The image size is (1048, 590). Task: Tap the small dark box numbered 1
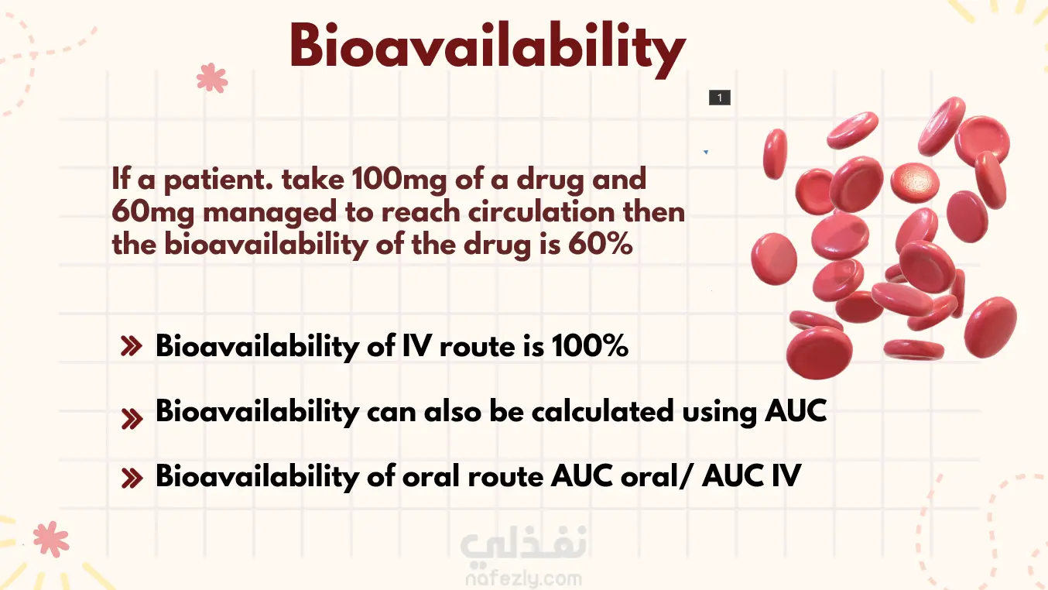[x=720, y=98]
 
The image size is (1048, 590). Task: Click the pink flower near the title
[x=212, y=78]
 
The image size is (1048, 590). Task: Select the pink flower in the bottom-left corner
[x=51, y=539]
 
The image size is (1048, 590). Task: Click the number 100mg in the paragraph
[x=399, y=180]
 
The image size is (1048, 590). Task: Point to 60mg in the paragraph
[x=153, y=212]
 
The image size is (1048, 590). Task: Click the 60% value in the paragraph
[x=601, y=244]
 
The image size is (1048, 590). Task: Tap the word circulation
[x=541, y=212]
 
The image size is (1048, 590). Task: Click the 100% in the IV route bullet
[x=590, y=346]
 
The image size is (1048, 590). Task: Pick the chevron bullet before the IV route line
[x=132, y=346]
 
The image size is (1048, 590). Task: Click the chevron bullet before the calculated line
[x=132, y=419]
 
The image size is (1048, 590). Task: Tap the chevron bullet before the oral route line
[x=132, y=479]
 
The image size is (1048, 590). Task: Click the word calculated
[x=603, y=412]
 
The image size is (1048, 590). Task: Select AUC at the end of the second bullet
[x=796, y=411]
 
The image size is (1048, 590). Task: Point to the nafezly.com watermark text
[x=523, y=578]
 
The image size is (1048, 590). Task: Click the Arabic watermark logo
[x=523, y=544]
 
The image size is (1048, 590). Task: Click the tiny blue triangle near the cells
[x=706, y=152]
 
